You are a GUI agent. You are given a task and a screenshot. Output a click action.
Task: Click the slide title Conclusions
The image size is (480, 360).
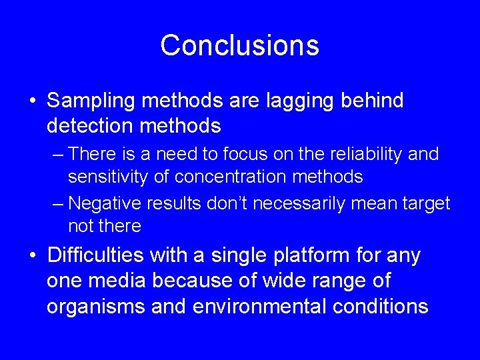(239, 45)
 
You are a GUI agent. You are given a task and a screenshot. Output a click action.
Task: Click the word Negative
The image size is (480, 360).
(106, 203)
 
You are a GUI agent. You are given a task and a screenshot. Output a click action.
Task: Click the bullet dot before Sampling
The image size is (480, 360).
(33, 102)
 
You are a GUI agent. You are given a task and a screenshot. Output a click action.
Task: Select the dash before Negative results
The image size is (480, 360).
(57, 203)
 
